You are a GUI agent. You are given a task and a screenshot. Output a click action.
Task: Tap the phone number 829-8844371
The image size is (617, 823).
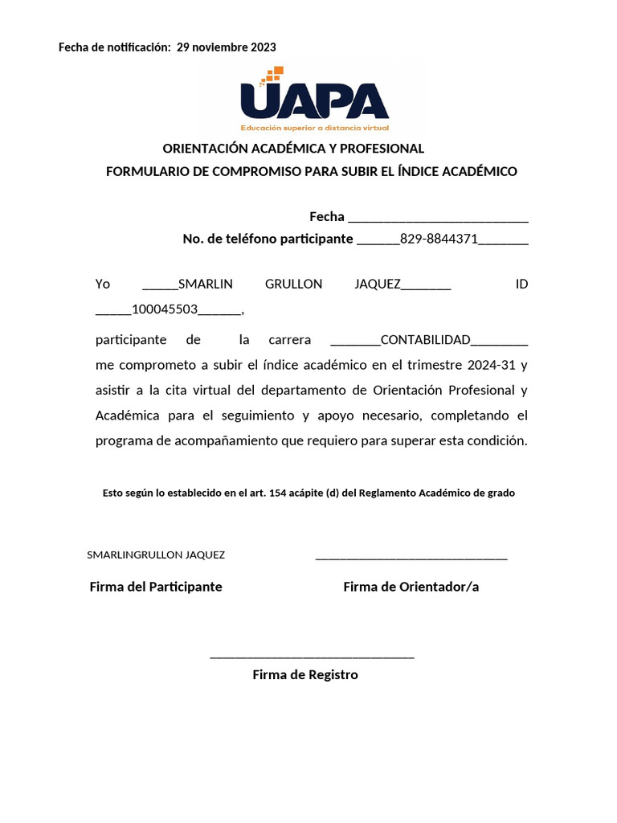tap(439, 239)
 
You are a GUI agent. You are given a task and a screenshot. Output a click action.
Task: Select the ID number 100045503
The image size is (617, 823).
tap(165, 309)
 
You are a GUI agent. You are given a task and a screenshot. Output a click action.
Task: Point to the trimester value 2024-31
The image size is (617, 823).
tap(492, 365)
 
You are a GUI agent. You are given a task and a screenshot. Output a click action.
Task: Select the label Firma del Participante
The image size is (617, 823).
tap(156, 587)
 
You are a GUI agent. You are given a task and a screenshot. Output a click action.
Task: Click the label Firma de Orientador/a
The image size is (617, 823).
tap(411, 587)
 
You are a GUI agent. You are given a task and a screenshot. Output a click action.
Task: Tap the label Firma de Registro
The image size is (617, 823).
tap(305, 675)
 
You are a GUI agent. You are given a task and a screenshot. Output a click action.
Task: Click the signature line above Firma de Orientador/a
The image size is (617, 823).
tap(411, 558)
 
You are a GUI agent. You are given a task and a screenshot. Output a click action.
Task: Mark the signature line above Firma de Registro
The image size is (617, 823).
tap(312, 657)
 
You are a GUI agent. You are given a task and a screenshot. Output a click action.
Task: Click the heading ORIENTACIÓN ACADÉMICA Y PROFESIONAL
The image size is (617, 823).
tap(293, 149)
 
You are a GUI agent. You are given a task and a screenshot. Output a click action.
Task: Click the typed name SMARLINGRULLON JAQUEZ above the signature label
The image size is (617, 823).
tap(156, 555)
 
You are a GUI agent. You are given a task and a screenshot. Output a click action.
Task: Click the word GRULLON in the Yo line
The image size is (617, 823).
tap(293, 285)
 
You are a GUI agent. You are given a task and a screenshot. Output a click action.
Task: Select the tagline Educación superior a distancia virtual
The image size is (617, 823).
tap(314, 128)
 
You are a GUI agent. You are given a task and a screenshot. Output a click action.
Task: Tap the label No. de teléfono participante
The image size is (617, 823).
tap(268, 239)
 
